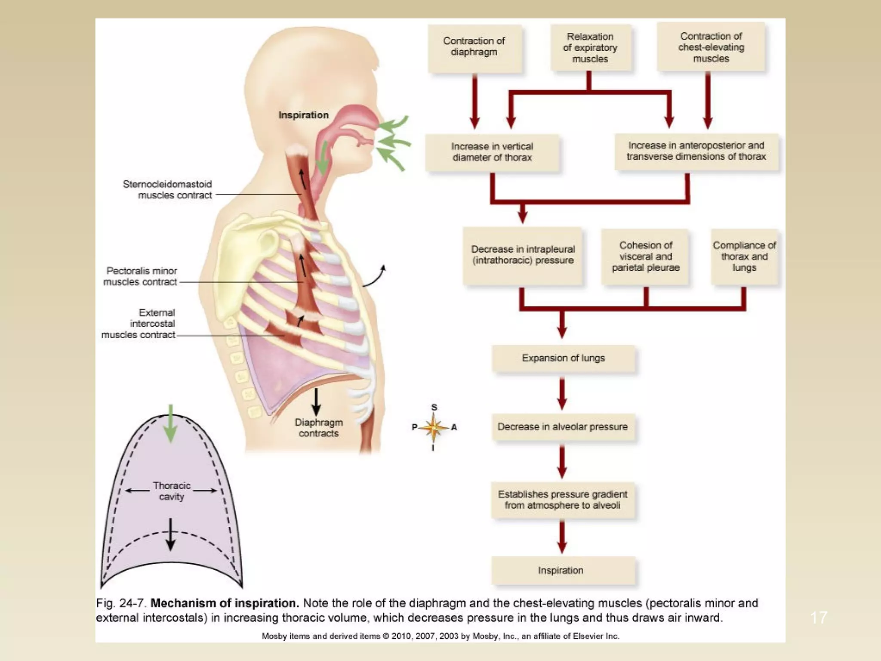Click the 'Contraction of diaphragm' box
coord(474,47)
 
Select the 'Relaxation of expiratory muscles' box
coord(590,47)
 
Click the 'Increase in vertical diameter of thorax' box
coord(492,152)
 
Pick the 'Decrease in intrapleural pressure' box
coord(522,256)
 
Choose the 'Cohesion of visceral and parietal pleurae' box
coord(645,256)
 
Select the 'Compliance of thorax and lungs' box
coord(744,256)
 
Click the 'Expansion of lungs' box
coord(563,358)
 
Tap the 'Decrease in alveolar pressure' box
coord(562,427)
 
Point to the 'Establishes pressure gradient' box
coord(562,500)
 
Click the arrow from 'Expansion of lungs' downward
coord(562,393)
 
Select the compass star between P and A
coord(434,428)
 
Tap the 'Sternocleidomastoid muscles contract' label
coord(168,190)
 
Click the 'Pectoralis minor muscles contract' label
coord(141,276)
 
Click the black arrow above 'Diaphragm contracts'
coord(316,402)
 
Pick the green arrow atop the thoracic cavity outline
coord(171,423)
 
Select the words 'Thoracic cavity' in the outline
coord(171,491)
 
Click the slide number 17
coord(818,618)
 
